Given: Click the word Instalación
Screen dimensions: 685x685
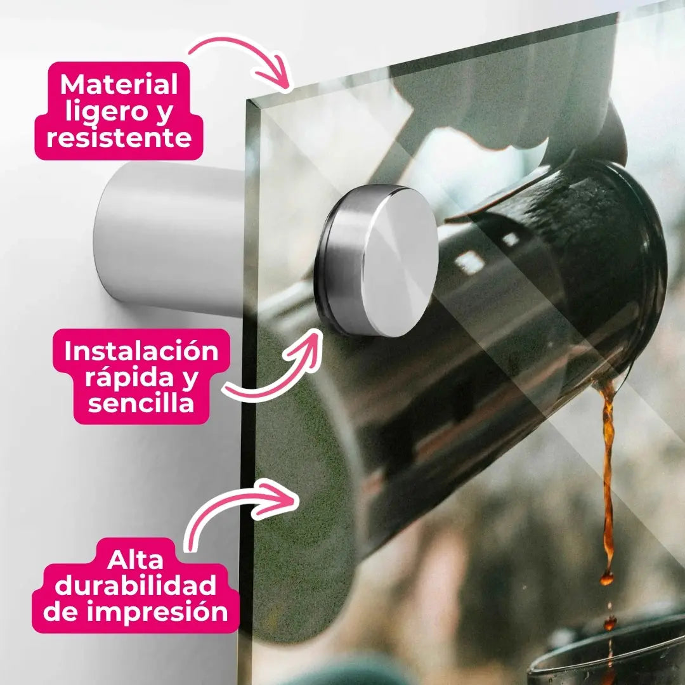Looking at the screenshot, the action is tap(141, 350).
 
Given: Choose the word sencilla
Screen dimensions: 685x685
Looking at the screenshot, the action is tap(141, 402).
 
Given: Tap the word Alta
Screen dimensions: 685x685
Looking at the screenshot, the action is tap(135, 559).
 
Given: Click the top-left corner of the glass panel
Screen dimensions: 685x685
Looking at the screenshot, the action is tap(248, 100).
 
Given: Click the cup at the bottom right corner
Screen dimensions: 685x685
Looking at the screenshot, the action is tap(607, 655).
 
